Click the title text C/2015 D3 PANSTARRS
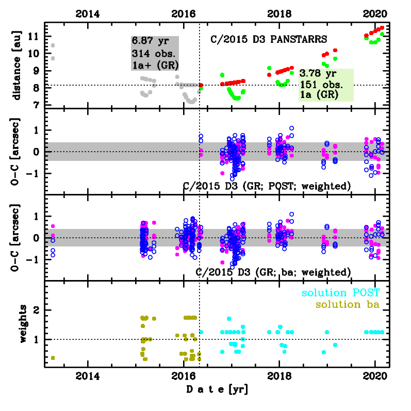point(269,39)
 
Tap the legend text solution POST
point(341,293)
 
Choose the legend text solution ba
point(348,305)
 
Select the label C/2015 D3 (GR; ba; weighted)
point(273,272)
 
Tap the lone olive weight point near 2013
point(53,358)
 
